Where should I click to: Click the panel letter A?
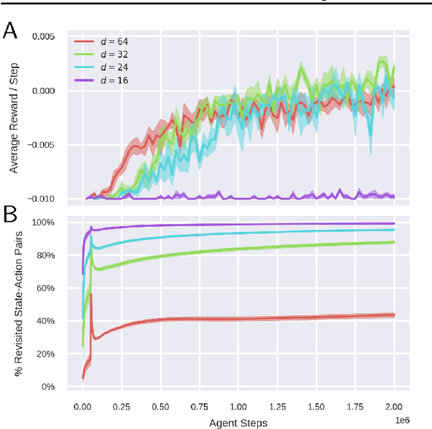11,30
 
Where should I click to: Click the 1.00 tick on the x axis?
238,407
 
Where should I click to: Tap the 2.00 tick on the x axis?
394,407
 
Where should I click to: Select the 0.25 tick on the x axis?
122,407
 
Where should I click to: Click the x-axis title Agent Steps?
238,422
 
